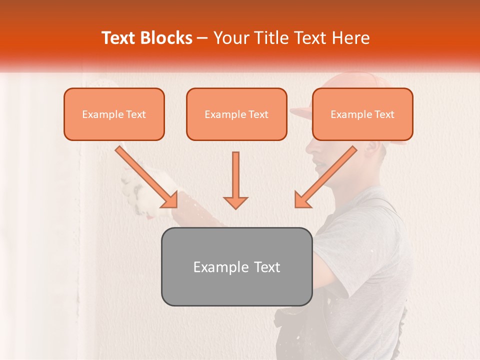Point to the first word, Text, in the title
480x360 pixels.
coord(120,38)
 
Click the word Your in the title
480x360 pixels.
coord(230,38)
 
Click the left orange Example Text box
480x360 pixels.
coord(114,114)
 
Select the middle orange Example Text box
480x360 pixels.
coord(236,114)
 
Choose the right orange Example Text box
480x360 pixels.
coord(362,114)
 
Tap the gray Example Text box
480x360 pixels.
coord(236,266)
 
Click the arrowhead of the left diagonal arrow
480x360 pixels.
coord(169,199)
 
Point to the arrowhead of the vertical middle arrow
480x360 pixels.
coord(235,202)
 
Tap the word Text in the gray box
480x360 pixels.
coord(267,267)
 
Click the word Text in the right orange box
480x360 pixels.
coord(384,114)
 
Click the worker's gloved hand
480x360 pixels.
coord(135,192)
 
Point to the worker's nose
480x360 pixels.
coord(308,148)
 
